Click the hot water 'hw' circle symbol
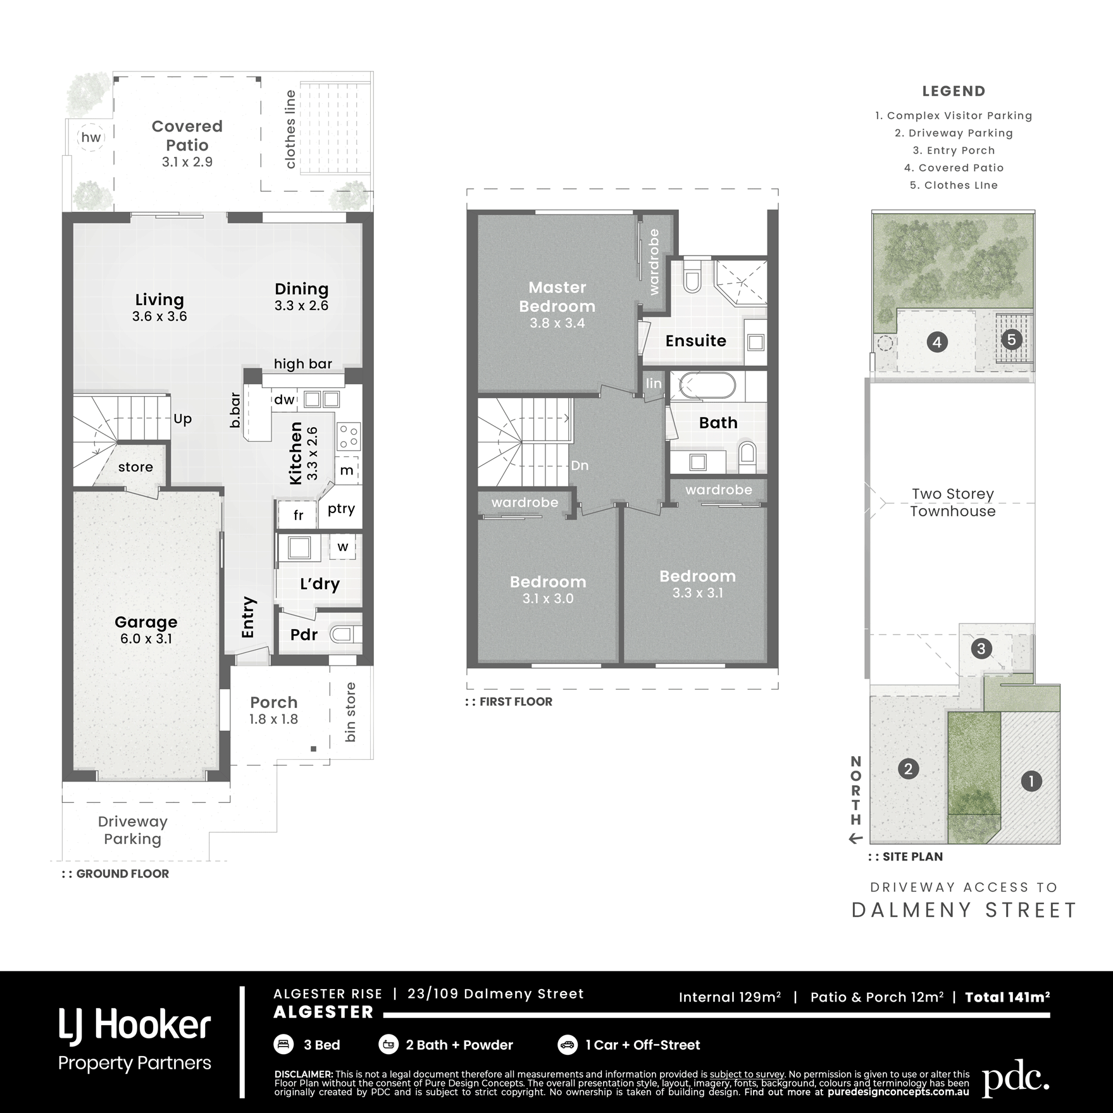coord(91,137)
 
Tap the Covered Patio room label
coord(187,135)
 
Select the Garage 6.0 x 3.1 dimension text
coord(146,639)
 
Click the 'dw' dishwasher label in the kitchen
coord(285,399)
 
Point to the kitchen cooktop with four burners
coord(349,437)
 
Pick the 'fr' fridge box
coord(298,515)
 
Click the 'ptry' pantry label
coord(342,509)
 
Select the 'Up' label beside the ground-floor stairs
coord(182,420)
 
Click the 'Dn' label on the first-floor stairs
coord(580,466)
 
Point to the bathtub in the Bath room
coord(708,385)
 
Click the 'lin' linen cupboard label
coord(654,383)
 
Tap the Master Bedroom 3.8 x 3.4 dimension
coord(557,323)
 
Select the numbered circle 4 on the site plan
coord(937,342)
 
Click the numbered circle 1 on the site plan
coord(1031,781)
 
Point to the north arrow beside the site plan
coord(856,839)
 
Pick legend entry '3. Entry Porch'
coord(954,151)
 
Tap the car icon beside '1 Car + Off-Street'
coord(568,1045)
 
